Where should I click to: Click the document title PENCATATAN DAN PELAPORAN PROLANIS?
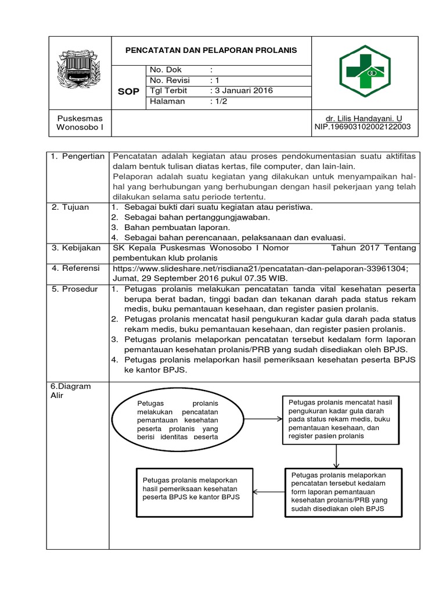(211, 50)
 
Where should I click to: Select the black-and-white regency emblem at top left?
(78, 71)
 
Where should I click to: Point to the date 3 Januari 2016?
(241, 91)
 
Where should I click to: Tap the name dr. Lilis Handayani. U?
(362, 118)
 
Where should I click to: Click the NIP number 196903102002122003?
(362, 126)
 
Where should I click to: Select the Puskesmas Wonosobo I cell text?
(79, 122)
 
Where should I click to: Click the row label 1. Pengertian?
(78, 156)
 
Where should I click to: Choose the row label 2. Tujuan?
(70, 207)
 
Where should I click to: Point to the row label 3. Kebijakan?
(75, 248)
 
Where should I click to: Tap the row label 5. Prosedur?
(75, 289)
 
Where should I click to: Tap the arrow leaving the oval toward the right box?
(261, 419)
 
